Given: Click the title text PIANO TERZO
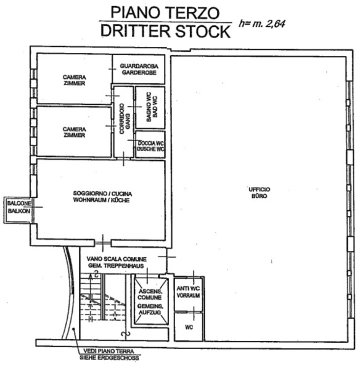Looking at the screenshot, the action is (x=165, y=12).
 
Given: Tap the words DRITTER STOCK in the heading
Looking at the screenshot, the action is (x=165, y=31).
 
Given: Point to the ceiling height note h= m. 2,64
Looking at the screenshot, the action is (x=262, y=23).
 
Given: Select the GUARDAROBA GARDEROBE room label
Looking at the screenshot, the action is (x=139, y=69).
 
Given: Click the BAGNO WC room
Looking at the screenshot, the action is (x=150, y=107).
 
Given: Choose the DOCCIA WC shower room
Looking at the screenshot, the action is (x=150, y=145).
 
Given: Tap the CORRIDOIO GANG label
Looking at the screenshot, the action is (x=125, y=118).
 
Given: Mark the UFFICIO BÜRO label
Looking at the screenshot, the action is (x=260, y=193).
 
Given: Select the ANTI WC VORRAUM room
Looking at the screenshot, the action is (x=188, y=294).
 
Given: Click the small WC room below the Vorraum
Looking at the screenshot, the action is (x=189, y=327).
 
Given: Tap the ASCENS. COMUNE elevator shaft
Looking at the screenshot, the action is (x=150, y=302).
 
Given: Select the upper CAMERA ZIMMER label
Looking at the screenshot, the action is (x=75, y=80).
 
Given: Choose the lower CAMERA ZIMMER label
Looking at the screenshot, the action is (x=75, y=132).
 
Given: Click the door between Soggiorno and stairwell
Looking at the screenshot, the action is (x=102, y=243).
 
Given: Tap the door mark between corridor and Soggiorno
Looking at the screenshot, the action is (x=123, y=159).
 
